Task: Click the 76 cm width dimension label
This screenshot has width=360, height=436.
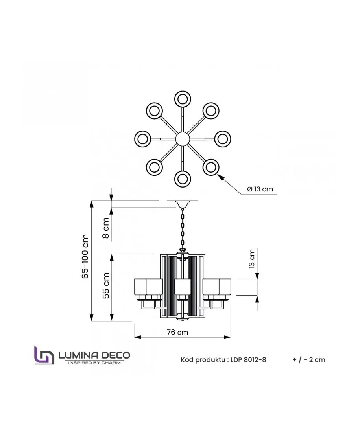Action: (177, 332)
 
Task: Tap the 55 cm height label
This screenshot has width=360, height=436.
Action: (106, 285)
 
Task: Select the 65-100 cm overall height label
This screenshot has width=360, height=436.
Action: (85, 256)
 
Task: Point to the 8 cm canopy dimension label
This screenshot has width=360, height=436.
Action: (106, 228)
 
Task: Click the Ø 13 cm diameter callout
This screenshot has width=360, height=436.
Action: (260, 189)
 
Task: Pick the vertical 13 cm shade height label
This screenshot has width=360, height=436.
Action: (252, 259)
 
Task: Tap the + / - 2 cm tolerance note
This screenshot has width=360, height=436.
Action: (309, 360)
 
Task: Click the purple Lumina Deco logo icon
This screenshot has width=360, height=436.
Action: (44, 355)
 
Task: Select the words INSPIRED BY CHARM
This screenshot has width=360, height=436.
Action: (94, 362)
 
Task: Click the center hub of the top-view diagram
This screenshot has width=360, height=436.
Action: (183, 138)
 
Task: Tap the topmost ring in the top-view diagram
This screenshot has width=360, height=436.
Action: (183, 99)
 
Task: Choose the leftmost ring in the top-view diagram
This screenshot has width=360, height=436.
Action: (143, 139)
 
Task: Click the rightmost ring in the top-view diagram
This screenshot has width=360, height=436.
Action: (223, 139)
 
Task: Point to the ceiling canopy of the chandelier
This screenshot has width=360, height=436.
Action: (183, 204)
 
